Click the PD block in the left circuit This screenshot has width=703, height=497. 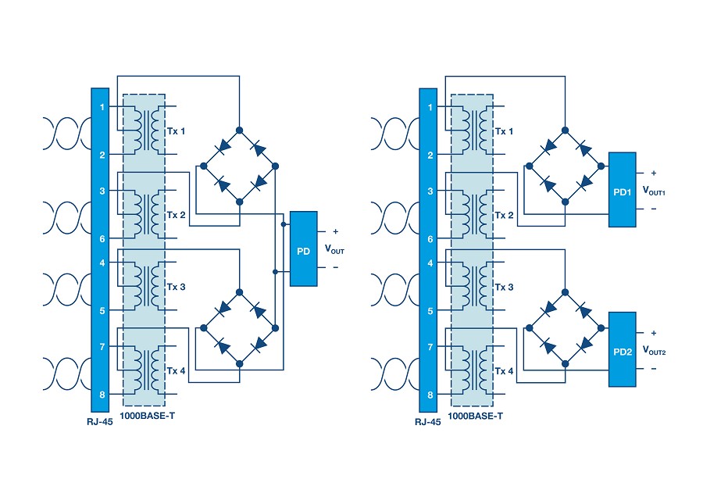coord(304,248)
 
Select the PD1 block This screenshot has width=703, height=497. coord(623,190)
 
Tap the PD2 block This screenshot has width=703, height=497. coord(623,349)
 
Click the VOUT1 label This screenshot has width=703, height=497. coord(654,191)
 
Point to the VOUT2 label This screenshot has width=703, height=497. coord(654,350)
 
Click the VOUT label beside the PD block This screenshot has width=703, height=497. coord(334,249)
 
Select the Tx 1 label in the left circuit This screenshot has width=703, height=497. coord(177,131)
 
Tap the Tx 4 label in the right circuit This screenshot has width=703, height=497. coord(505,371)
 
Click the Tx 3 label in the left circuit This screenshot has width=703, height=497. coord(177,287)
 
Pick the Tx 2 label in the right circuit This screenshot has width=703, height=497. coord(505,216)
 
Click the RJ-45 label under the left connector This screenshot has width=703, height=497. coord(100,422)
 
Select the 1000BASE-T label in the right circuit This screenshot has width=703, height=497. coord(475,416)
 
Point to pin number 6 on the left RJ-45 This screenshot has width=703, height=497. coord(102,238)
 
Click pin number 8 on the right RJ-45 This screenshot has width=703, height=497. coord(430,395)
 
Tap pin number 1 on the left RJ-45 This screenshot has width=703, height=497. coord(102,107)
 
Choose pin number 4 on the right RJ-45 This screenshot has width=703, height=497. coord(430,263)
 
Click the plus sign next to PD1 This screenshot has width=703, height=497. coord(654,173)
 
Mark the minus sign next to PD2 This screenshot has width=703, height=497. coord(654,369)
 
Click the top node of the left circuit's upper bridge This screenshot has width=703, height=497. coord(240,130)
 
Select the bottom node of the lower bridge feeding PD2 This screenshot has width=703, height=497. coord(566,364)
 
